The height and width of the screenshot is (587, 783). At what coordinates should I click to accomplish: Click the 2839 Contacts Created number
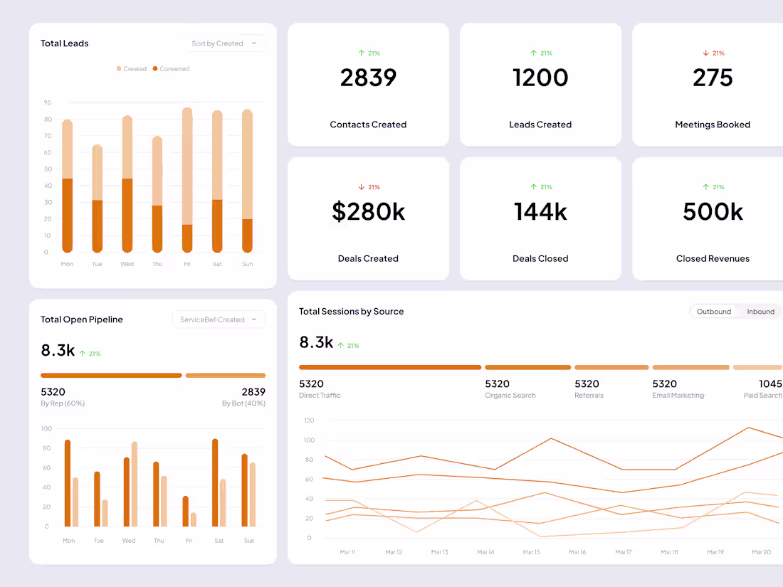tap(368, 78)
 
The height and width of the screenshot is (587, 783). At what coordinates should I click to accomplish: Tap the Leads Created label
tap(540, 125)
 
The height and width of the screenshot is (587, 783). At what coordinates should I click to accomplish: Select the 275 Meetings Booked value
tap(713, 78)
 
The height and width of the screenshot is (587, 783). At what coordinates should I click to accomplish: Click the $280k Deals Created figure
tap(368, 212)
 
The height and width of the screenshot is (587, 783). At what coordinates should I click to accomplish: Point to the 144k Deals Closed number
tap(540, 212)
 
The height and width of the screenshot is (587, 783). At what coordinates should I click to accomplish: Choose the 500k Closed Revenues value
tap(713, 212)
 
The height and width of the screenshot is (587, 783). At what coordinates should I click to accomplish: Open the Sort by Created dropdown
tap(224, 43)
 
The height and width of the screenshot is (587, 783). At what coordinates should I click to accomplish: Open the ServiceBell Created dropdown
tap(219, 319)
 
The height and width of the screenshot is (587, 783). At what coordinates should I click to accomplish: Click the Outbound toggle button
tap(714, 312)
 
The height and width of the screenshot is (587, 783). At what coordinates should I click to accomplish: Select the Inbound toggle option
tap(760, 312)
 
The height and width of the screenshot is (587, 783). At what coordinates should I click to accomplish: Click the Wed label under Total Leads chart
tap(127, 264)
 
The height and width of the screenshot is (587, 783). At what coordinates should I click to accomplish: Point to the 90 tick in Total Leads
tap(48, 102)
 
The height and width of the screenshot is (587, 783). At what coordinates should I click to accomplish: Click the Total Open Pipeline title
tap(82, 319)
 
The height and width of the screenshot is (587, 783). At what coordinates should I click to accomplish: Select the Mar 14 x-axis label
tap(485, 552)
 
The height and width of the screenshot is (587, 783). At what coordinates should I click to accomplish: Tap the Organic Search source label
tap(510, 396)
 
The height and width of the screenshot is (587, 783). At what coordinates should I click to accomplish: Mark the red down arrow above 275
tap(706, 53)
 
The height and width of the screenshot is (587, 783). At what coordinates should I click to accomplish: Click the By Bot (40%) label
tap(243, 403)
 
